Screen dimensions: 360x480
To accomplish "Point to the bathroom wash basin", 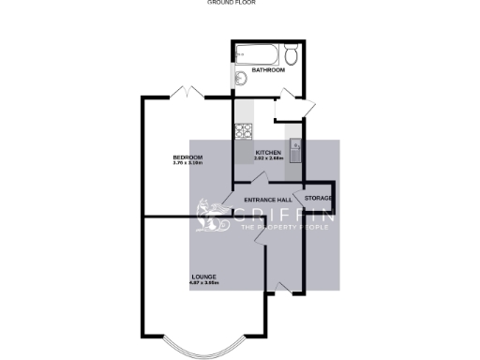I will [241, 79].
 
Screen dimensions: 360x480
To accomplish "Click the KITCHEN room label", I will [269, 152].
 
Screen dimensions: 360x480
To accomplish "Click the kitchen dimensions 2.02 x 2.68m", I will [269, 158].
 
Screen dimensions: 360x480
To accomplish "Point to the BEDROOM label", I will [188, 157].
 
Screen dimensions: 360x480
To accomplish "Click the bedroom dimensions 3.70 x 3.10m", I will [188, 164].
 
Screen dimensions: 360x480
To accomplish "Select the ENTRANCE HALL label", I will [267, 201].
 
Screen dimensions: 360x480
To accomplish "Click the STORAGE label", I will [319, 198].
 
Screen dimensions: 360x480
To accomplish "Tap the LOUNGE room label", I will [204, 277].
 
